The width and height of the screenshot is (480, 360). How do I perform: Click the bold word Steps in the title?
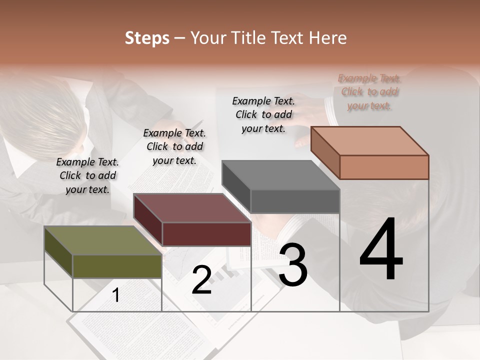coord(147,38)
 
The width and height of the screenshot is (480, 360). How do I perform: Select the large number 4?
coord(381,250)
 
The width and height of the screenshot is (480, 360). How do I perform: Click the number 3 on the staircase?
coord(293,265)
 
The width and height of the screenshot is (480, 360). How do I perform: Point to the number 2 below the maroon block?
coord(201,280)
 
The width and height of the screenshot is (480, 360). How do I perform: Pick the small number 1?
coord(115,295)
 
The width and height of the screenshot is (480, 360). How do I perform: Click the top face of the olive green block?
coord(102,240)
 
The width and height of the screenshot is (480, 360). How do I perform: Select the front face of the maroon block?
coord(206,234)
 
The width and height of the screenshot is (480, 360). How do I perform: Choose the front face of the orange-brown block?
coord(384,167)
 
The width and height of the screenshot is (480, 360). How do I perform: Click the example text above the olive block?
coord(87,175)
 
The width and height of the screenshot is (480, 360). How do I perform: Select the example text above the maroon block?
coord(174,146)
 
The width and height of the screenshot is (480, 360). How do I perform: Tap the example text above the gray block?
coord(263,114)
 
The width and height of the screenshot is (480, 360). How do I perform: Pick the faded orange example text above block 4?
coord(369,91)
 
